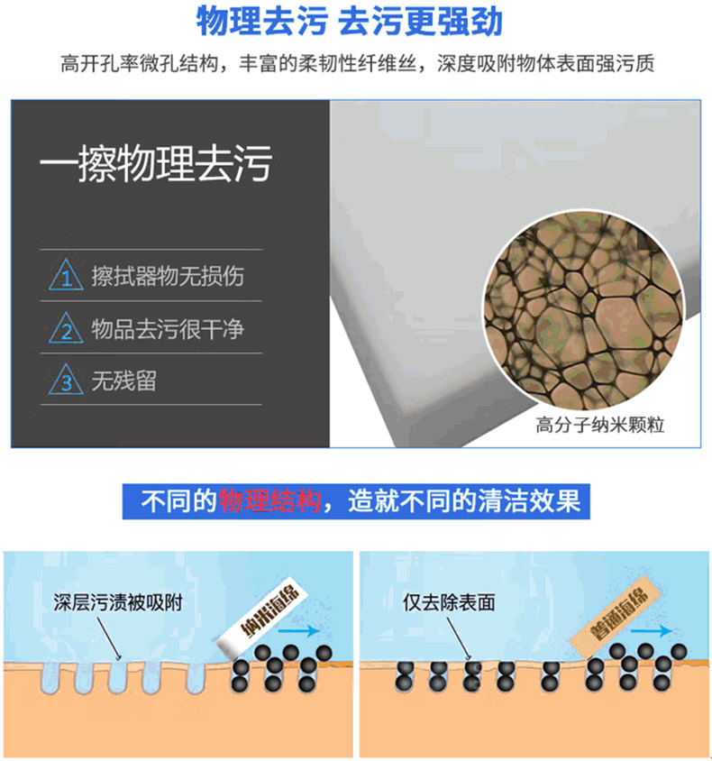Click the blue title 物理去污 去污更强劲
pyautogui.click(x=349, y=22)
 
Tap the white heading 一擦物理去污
pyautogui.click(x=156, y=163)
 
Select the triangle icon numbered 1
pyautogui.click(x=66, y=275)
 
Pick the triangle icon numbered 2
pyautogui.click(x=66, y=328)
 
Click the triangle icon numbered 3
pyautogui.click(x=66, y=380)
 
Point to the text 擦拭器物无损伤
pyautogui.click(x=168, y=276)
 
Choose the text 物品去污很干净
pyautogui.click(x=168, y=328)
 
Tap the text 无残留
pyautogui.click(x=124, y=380)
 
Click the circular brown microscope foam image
pyautogui.click(x=584, y=310)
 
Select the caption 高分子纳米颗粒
pyautogui.click(x=600, y=425)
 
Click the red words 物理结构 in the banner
pyautogui.click(x=269, y=500)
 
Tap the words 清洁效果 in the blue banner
pyautogui.click(x=529, y=500)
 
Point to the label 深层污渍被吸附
pyautogui.click(x=118, y=602)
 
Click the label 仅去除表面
pyautogui.click(x=449, y=602)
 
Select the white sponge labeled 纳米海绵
pyautogui.click(x=262, y=615)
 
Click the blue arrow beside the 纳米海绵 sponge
pyautogui.click(x=298, y=631)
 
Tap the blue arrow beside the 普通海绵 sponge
pyautogui.click(x=652, y=631)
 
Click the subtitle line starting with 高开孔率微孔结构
pyautogui.click(x=358, y=64)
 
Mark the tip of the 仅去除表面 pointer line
pyautogui.click(x=470, y=660)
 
